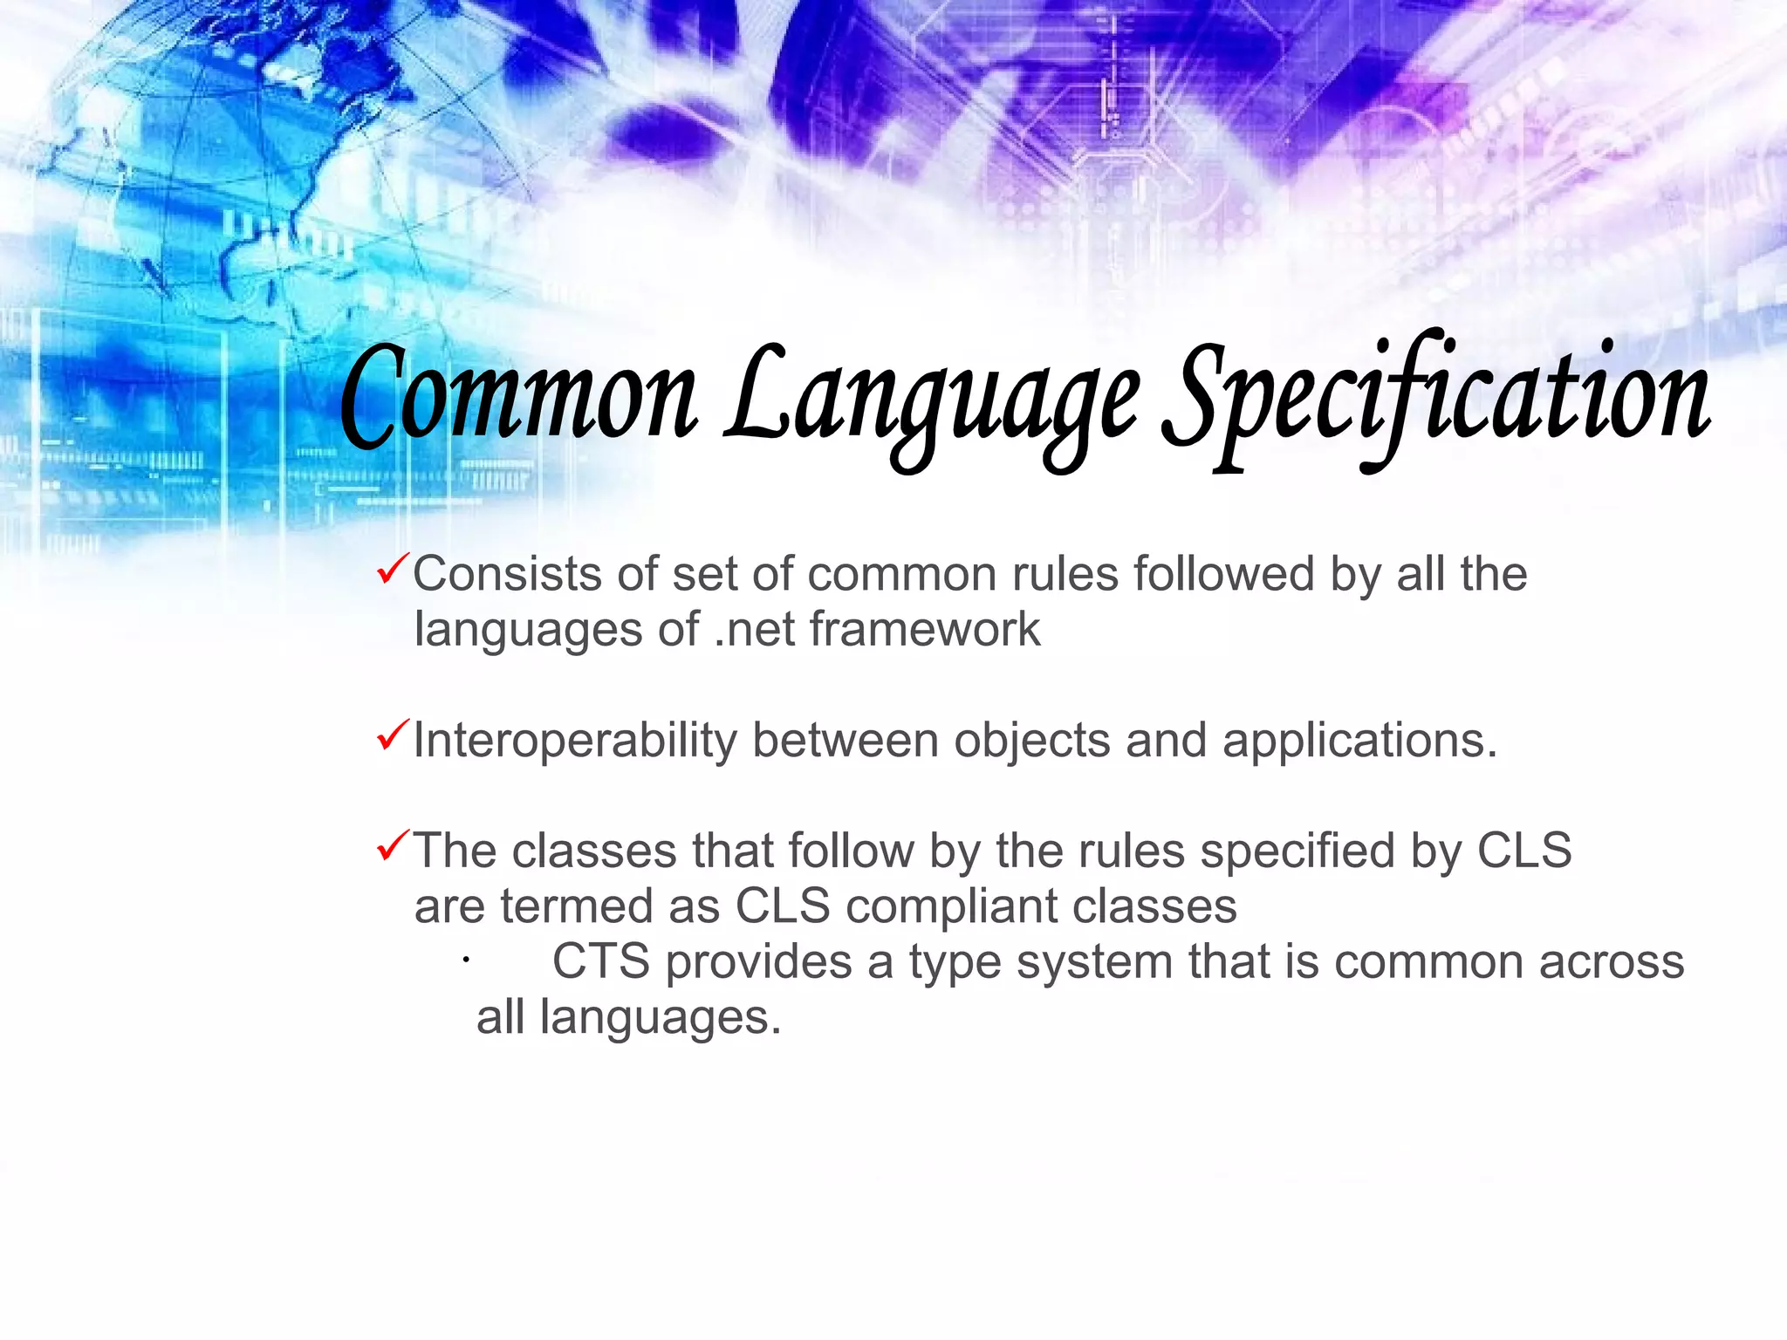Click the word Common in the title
[x=518, y=398]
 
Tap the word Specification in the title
[x=1435, y=398]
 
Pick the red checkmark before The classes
[x=391, y=845]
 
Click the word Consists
[x=507, y=575]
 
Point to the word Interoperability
[x=575, y=742]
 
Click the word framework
[x=925, y=629]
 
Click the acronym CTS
[x=601, y=962]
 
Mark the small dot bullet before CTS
[x=467, y=961]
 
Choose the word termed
[x=576, y=906]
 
